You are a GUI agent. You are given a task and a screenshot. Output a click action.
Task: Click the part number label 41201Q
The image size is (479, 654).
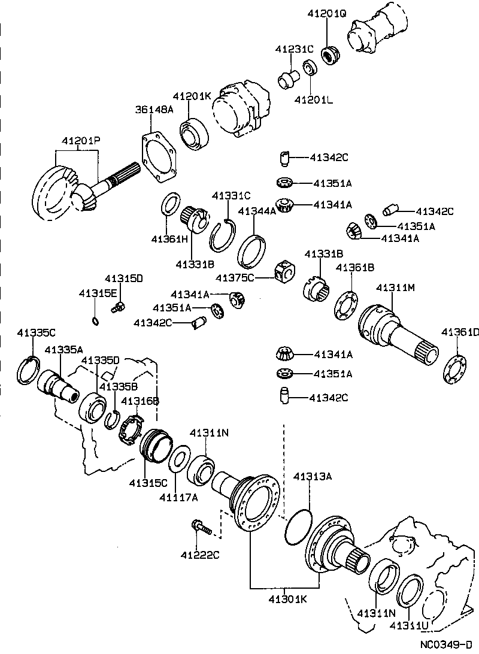[x=327, y=13]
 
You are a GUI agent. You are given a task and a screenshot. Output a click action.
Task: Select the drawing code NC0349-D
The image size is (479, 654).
[x=447, y=645]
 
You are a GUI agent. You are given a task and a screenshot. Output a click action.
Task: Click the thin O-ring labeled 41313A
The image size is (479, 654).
[x=298, y=526]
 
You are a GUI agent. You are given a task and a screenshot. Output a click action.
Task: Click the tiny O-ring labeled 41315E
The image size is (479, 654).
[x=96, y=320]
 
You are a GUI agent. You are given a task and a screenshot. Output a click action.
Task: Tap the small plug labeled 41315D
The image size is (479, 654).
[x=117, y=308]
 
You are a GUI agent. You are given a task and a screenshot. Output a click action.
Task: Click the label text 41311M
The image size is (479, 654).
[x=395, y=288]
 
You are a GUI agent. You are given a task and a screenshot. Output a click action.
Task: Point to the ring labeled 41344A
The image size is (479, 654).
[x=252, y=252]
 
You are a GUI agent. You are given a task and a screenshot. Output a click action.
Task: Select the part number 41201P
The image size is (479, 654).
[x=81, y=141]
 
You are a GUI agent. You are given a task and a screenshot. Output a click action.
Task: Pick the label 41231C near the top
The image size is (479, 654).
[x=295, y=49]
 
